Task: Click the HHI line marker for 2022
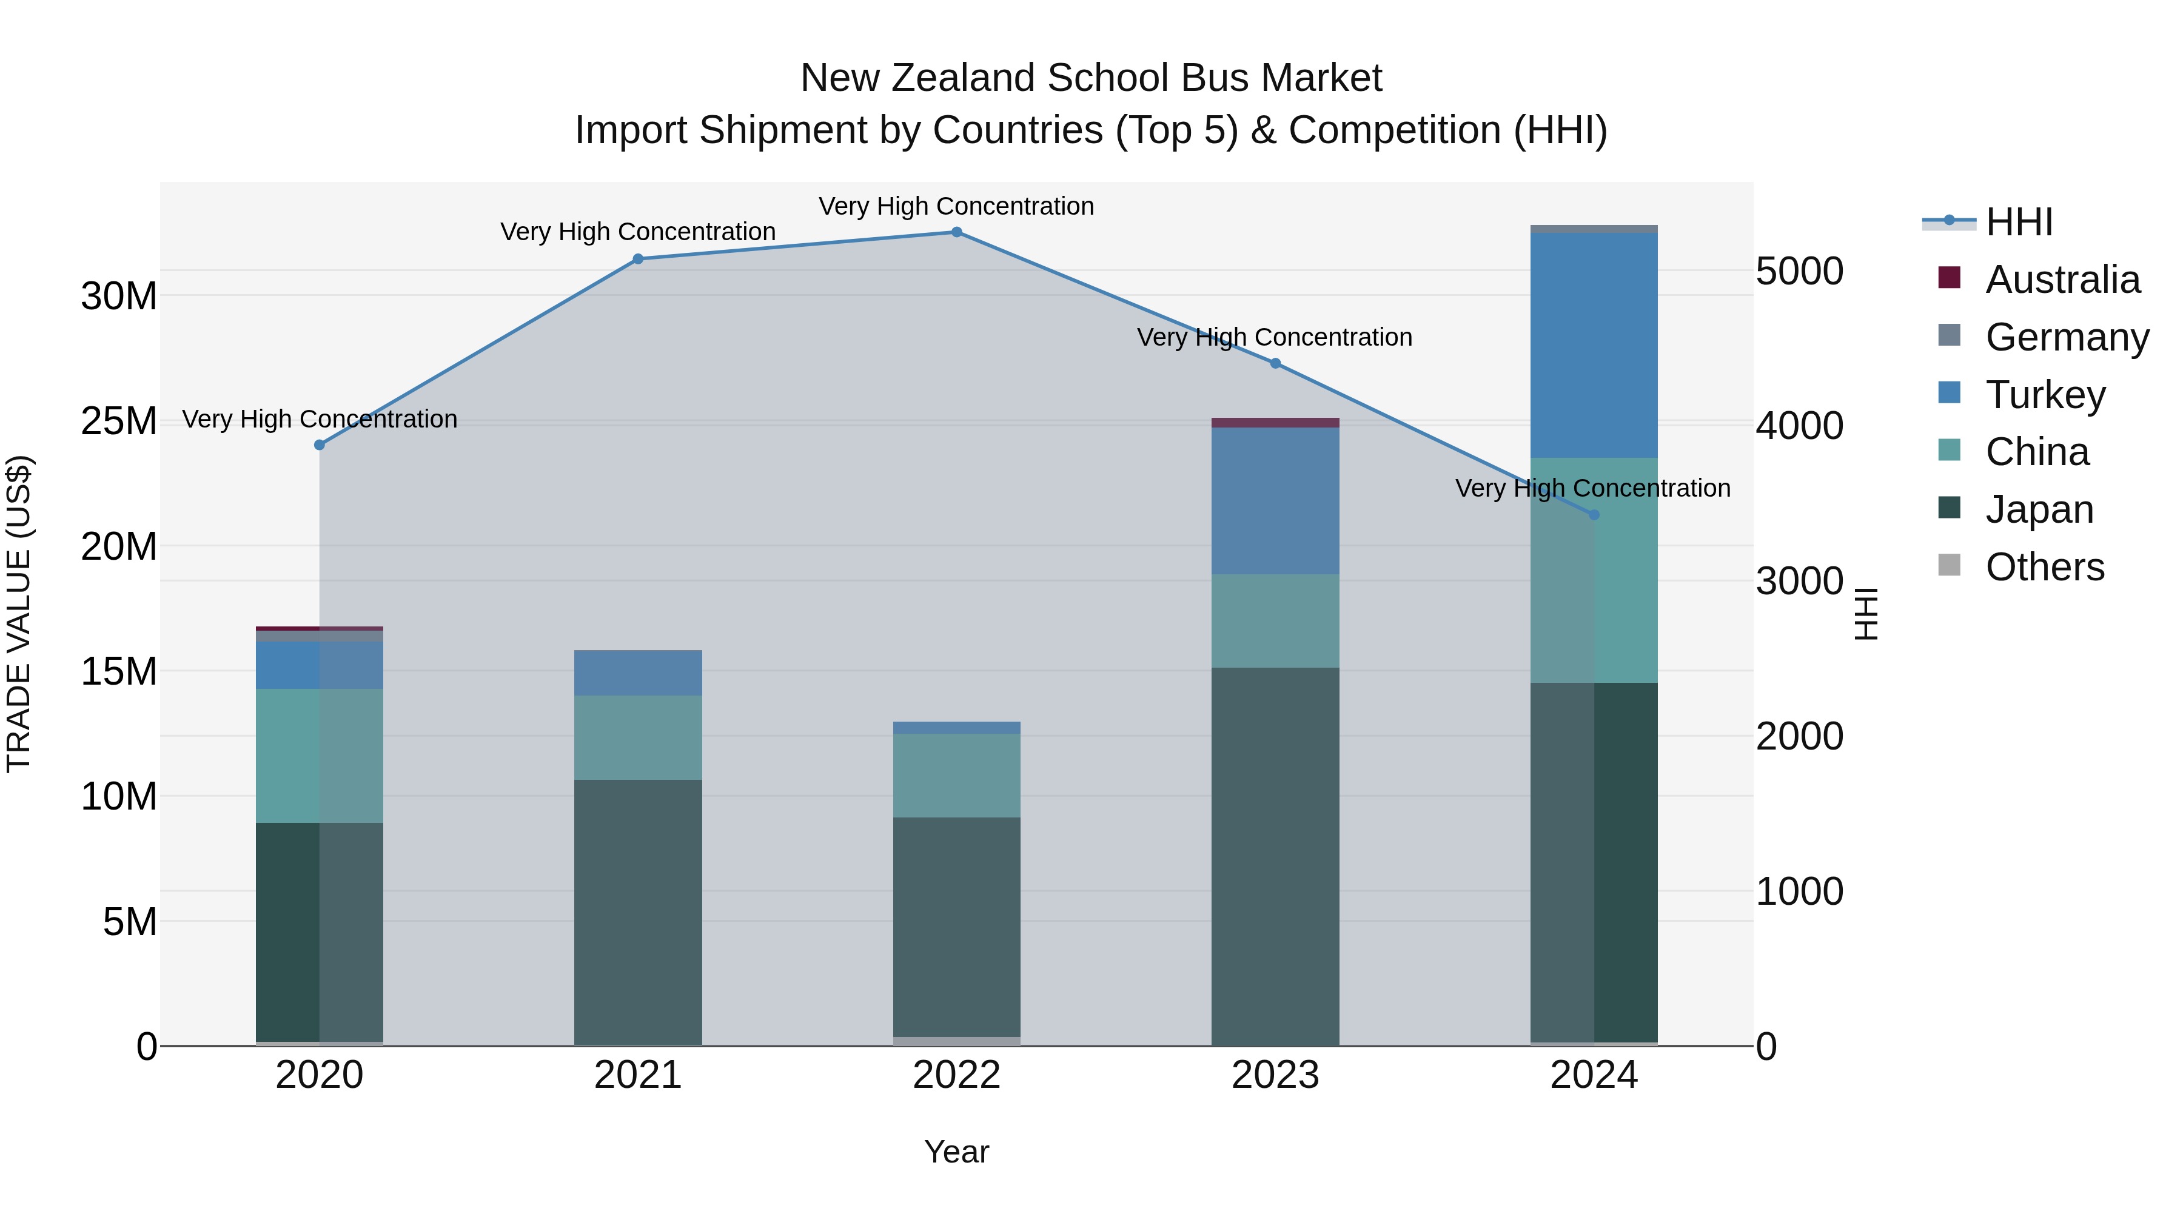957,232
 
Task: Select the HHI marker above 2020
320,445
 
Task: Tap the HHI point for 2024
1594,514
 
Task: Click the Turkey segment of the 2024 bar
1594,345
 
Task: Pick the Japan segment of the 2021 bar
638,912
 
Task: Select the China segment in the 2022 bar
957,776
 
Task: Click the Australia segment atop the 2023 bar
1275,423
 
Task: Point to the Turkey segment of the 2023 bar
1275,501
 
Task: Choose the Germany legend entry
2067,337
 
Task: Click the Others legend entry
2044,567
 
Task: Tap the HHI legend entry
2019,222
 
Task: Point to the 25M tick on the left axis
119,421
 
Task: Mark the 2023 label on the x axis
1275,1075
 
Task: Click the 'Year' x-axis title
957,1152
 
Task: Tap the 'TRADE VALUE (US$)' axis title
19,614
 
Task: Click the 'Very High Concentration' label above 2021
638,232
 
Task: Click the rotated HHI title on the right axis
1866,614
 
